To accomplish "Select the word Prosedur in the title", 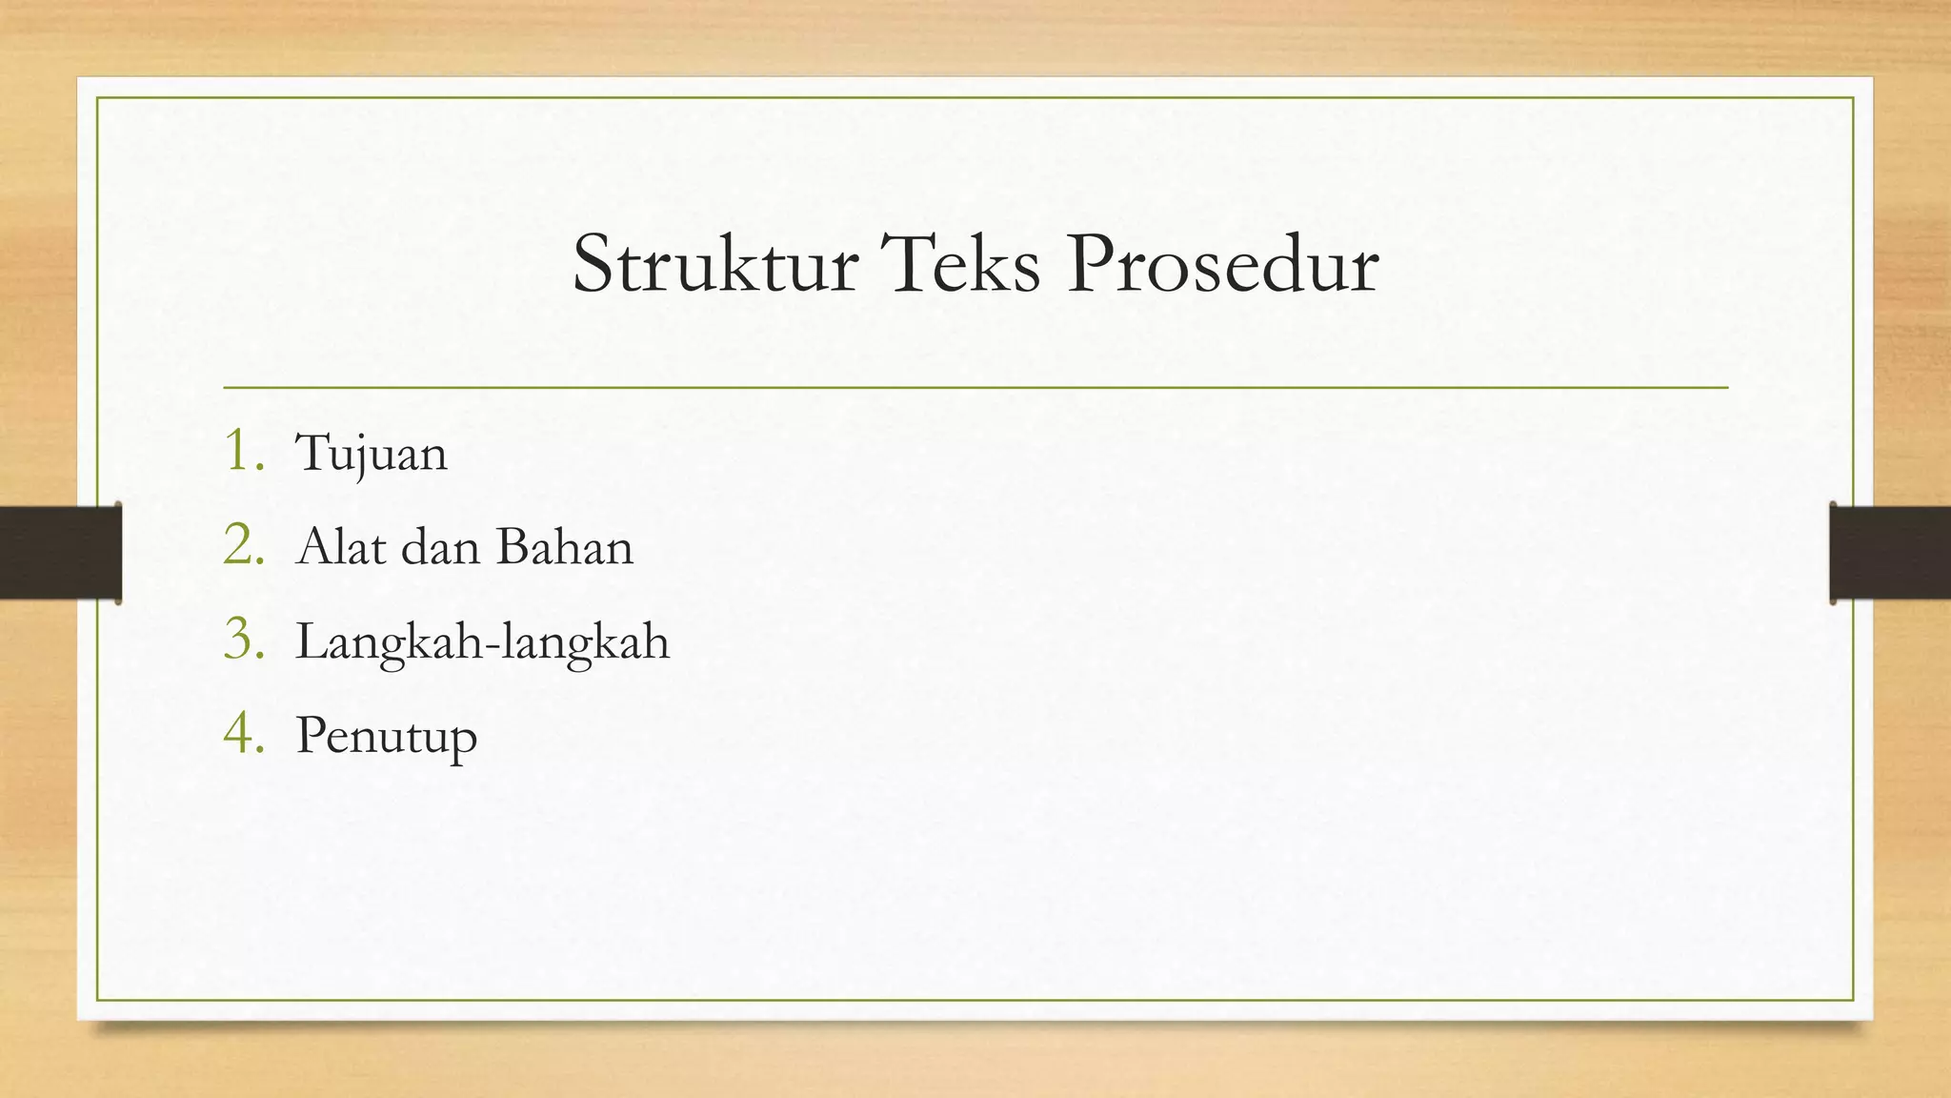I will [1222, 265].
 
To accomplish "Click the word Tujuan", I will [372, 454].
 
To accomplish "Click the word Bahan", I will [564, 547].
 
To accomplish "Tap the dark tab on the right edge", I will [1890, 553].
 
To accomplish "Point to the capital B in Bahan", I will [512, 547].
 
